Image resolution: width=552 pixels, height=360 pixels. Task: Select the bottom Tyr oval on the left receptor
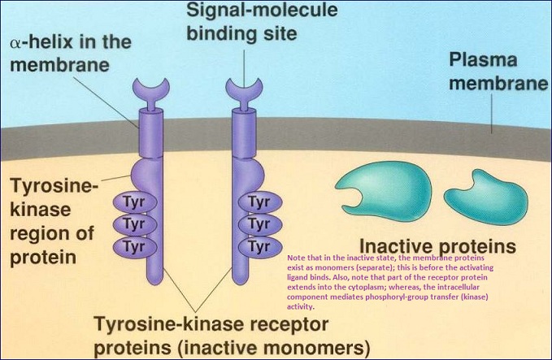coord(134,245)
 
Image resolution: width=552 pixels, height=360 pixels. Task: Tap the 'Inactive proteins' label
coord(438,245)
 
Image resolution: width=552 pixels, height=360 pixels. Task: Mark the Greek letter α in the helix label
coord(16,41)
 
